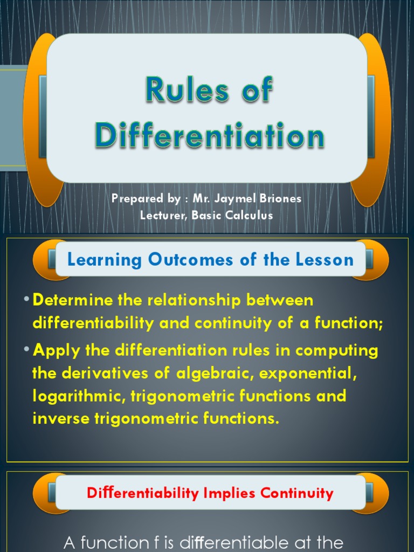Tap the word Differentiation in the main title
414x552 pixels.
[210, 136]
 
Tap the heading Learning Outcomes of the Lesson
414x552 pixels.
[210, 260]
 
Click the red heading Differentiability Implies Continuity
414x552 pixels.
[210, 493]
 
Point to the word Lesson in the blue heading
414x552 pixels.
[327, 260]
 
